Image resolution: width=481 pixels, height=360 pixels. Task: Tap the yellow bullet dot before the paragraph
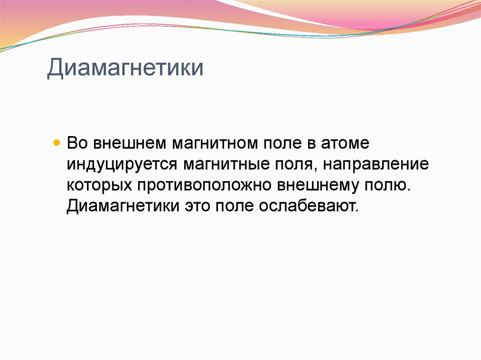[57, 141]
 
